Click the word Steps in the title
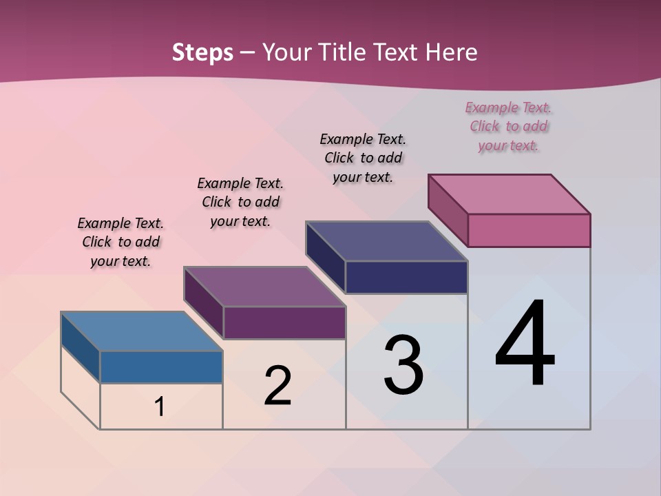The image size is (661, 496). tap(202, 52)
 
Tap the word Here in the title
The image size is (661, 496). tap(452, 52)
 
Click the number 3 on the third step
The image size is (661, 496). tap(403, 365)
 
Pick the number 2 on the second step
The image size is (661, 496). tap(277, 386)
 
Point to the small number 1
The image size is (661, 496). tap(159, 406)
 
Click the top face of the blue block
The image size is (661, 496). tap(142, 331)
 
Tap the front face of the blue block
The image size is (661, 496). tap(161, 366)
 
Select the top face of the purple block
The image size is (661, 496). tap(264, 286)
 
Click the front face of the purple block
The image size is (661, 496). tap(284, 322)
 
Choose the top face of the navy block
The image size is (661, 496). tap(386, 241)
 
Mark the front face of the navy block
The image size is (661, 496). tap(406, 277)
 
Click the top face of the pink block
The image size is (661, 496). tap(509, 194)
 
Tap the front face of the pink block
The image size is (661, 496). tap(529, 230)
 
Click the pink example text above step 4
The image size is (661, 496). tap(508, 126)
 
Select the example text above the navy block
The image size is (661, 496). tap(363, 158)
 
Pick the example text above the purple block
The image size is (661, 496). tap(240, 202)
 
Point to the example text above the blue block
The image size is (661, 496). tap(120, 242)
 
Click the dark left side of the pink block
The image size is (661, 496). tap(448, 209)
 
